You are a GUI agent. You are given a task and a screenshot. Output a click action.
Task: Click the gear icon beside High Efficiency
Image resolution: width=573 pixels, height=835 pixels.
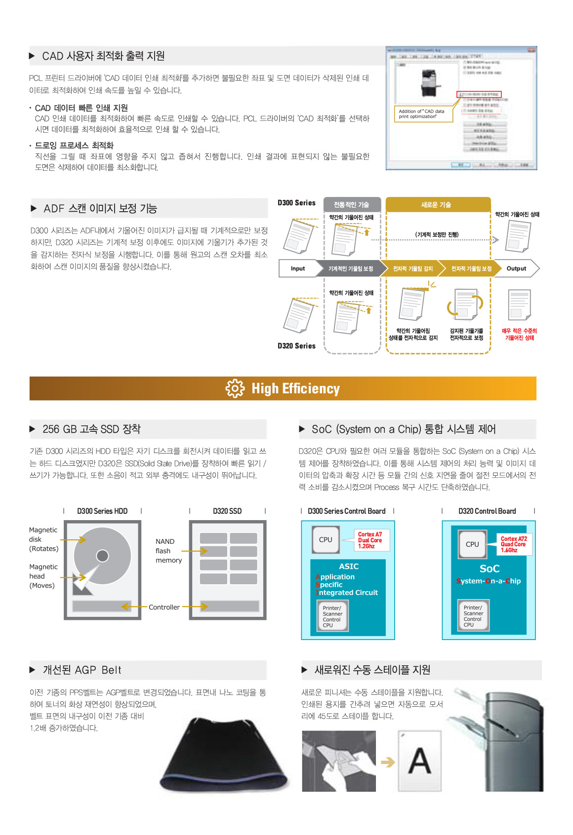point(235,389)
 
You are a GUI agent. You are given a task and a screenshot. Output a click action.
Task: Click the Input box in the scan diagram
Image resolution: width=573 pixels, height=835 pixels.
point(298,268)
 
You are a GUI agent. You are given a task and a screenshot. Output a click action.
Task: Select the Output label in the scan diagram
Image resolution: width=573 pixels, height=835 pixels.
point(516,268)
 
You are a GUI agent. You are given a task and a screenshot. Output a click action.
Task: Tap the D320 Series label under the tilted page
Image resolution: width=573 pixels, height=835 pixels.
point(296,346)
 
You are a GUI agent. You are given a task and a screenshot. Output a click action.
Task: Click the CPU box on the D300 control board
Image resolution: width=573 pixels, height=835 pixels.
point(326,540)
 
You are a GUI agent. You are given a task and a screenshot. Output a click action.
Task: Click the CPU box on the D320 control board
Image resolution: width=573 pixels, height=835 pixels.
point(472,544)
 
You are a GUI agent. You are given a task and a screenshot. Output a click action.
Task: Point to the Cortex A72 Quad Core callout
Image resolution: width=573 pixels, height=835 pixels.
point(514,544)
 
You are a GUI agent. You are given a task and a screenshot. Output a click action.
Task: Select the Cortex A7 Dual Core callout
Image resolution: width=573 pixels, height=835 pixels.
point(370,540)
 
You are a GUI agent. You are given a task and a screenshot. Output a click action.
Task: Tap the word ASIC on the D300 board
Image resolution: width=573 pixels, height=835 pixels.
point(349,567)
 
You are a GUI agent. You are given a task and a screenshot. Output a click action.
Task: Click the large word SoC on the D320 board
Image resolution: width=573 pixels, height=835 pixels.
point(490,569)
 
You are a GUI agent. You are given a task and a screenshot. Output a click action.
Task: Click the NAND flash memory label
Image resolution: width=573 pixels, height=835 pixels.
point(168,551)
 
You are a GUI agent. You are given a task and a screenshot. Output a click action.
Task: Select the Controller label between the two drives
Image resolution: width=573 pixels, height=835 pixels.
point(164,607)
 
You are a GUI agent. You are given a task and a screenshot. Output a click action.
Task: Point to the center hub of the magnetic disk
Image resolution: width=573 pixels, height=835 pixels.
point(103,556)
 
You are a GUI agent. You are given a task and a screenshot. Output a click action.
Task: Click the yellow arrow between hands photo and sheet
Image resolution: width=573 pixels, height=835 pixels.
point(388,762)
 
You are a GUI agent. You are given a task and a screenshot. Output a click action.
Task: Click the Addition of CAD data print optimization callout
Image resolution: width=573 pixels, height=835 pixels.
point(423,114)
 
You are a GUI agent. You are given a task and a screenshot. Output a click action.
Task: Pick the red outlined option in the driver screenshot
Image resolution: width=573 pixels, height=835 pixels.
point(479,94)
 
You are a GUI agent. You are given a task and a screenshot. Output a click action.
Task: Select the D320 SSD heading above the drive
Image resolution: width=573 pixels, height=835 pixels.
point(227,511)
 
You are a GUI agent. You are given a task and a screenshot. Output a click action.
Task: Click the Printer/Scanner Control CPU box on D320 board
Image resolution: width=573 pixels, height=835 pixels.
point(473,616)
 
